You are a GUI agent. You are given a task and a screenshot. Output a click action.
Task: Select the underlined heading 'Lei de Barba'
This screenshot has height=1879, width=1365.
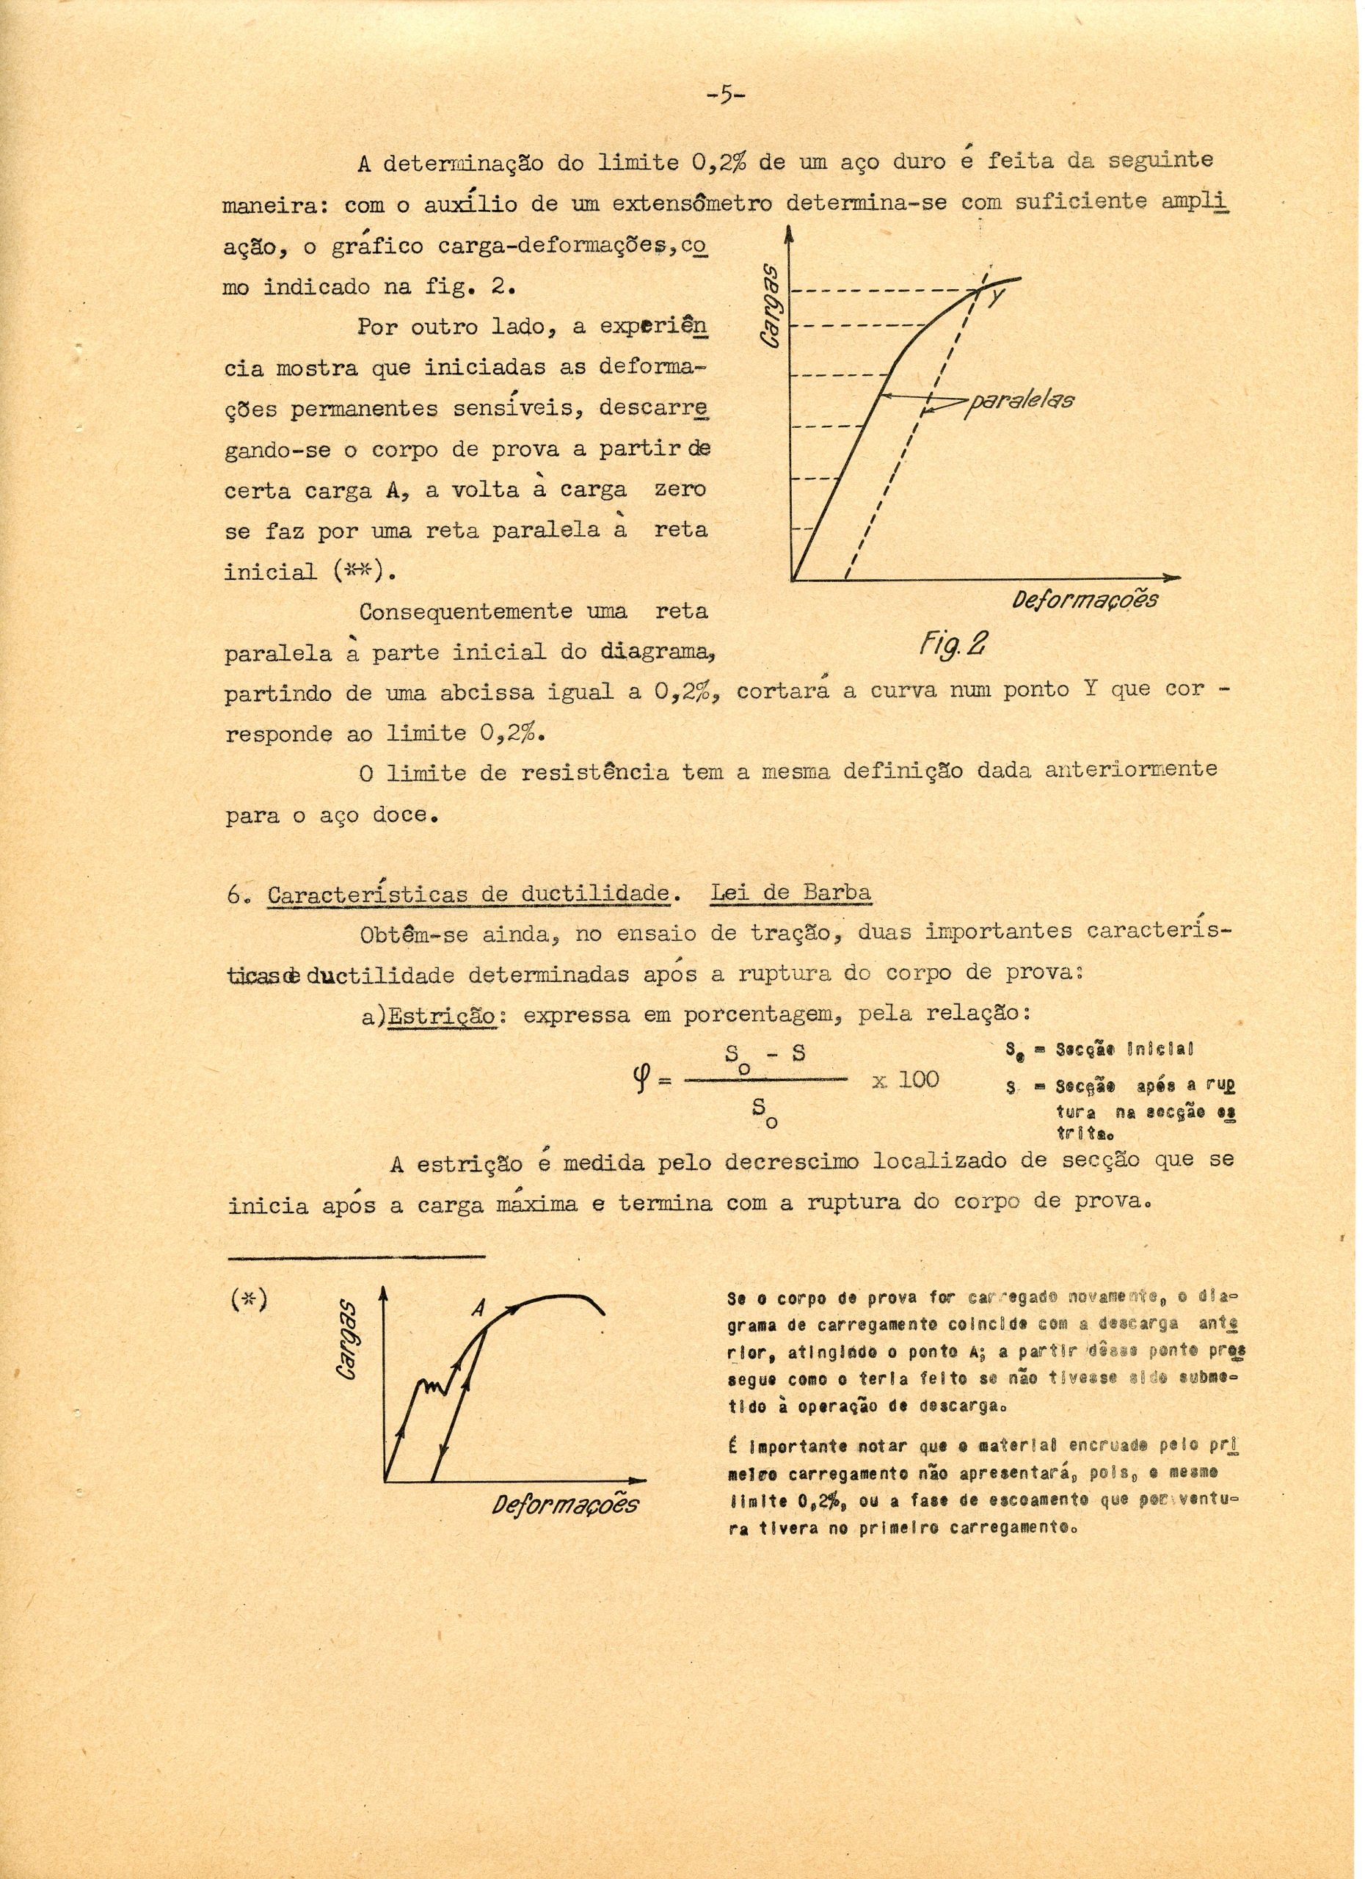click(x=790, y=893)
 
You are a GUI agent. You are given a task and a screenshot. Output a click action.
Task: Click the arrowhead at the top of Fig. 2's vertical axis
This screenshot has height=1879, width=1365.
click(x=791, y=238)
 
